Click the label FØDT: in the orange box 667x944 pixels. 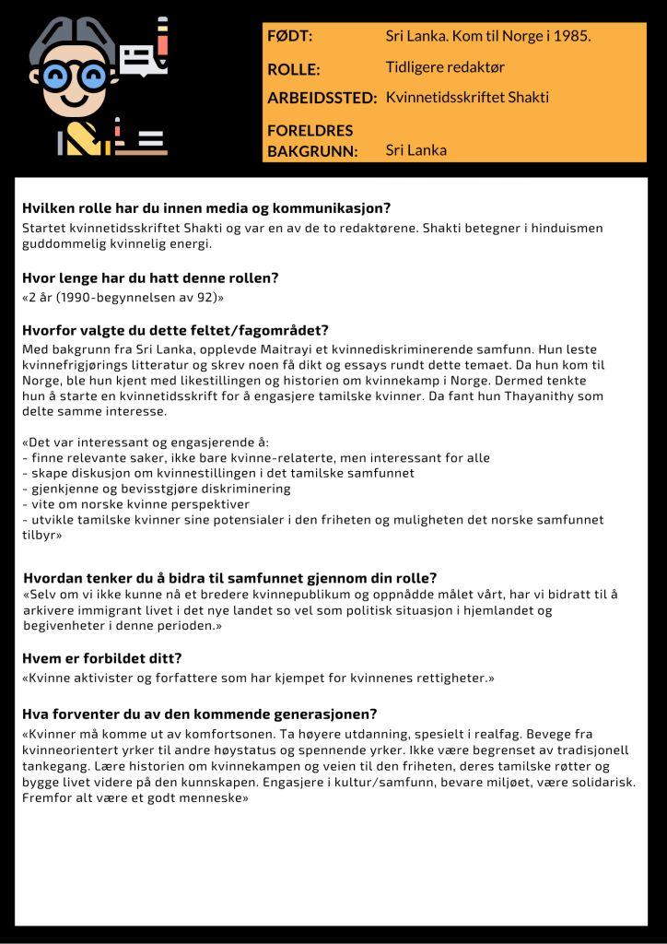[x=289, y=37]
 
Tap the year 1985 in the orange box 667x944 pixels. [x=570, y=37]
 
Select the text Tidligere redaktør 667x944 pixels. [x=445, y=67]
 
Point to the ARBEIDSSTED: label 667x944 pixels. [x=322, y=98]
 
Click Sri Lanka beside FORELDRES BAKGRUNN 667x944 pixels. [x=416, y=150]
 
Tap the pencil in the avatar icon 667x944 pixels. [x=162, y=41]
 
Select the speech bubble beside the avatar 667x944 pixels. [x=137, y=61]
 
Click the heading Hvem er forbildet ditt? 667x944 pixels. [x=102, y=658]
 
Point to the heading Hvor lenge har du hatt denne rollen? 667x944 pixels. [x=150, y=277]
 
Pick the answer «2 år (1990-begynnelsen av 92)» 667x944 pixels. [x=123, y=298]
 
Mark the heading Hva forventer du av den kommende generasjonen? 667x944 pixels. [x=200, y=714]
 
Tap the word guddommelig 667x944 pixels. [x=60, y=244]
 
